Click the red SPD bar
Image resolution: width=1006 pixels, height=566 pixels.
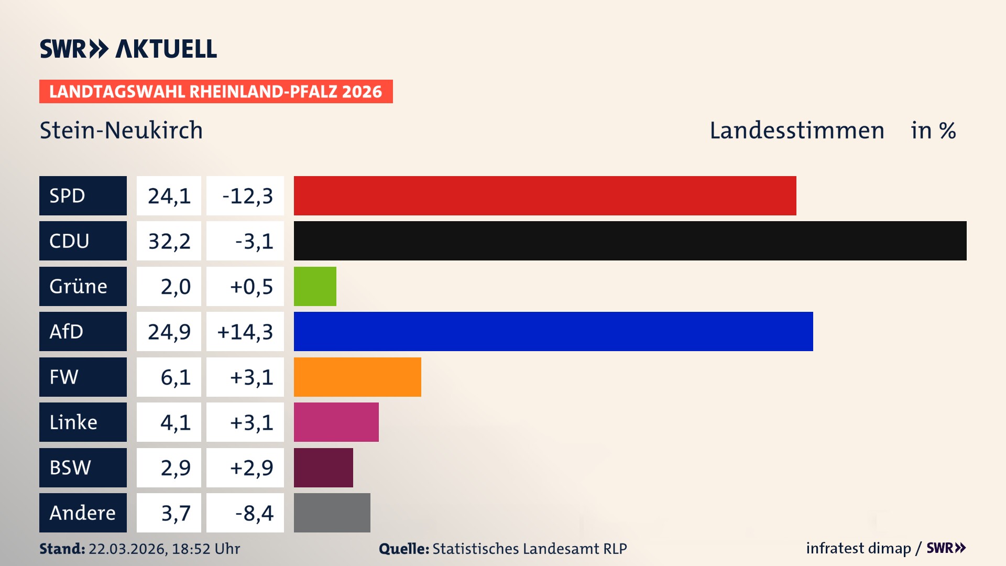coord(545,195)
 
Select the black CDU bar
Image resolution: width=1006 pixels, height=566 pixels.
coord(630,241)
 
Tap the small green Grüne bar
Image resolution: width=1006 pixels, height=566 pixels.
coord(315,286)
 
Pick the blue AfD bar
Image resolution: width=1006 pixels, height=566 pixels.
coord(553,331)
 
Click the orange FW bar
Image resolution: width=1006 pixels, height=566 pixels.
coord(357,377)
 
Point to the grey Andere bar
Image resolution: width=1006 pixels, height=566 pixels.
coord(332,513)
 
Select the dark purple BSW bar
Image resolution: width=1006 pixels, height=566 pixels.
coord(323,467)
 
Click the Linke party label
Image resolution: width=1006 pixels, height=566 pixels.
coord(83,422)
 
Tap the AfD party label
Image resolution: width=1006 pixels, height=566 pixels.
coord(83,331)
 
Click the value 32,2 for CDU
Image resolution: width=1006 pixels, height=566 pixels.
coord(169,241)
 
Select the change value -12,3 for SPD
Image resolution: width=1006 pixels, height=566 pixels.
coord(247,196)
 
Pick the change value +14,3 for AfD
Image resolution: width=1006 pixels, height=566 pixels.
coord(245,332)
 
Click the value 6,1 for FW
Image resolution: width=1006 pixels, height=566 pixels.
coord(175,377)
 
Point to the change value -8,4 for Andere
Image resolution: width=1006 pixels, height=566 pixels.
coord(254,513)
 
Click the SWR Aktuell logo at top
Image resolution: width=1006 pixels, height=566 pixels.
coord(128,49)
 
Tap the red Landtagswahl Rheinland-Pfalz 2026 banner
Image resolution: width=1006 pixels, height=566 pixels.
coord(215,91)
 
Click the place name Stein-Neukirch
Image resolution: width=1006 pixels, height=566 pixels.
coord(121,130)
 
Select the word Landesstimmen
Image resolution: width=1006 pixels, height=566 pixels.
coord(796,130)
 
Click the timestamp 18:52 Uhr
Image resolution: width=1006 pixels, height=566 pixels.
coord(205,549)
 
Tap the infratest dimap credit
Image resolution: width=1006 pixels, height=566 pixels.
coord(858,548)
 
